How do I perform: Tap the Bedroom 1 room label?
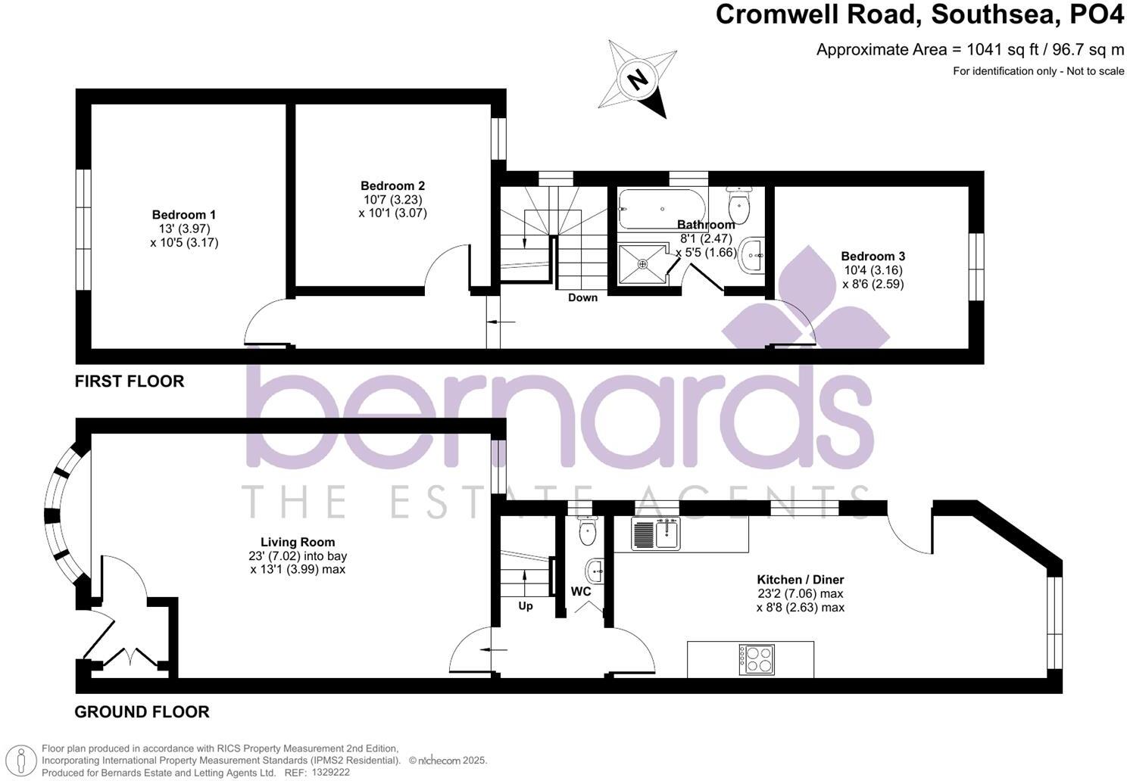tap(184, 215)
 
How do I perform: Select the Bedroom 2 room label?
tap(392, 186)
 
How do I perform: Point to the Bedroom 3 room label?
tap(873, 257)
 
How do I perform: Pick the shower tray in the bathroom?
tap(643, 264)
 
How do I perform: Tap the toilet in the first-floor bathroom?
tap(738, 205)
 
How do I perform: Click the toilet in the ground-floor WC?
tap(588, 531)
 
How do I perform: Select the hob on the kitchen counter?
tap(757, 659)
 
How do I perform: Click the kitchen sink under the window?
tap(656, 533)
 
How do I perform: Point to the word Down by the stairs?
tap(582, 297)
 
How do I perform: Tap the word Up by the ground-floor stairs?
tap(526, 606)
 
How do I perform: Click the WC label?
tap(581, 592)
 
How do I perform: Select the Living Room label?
tap(298, 542)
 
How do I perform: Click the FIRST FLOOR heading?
tap(130, 381)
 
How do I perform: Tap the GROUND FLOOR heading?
tap(142, 712)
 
